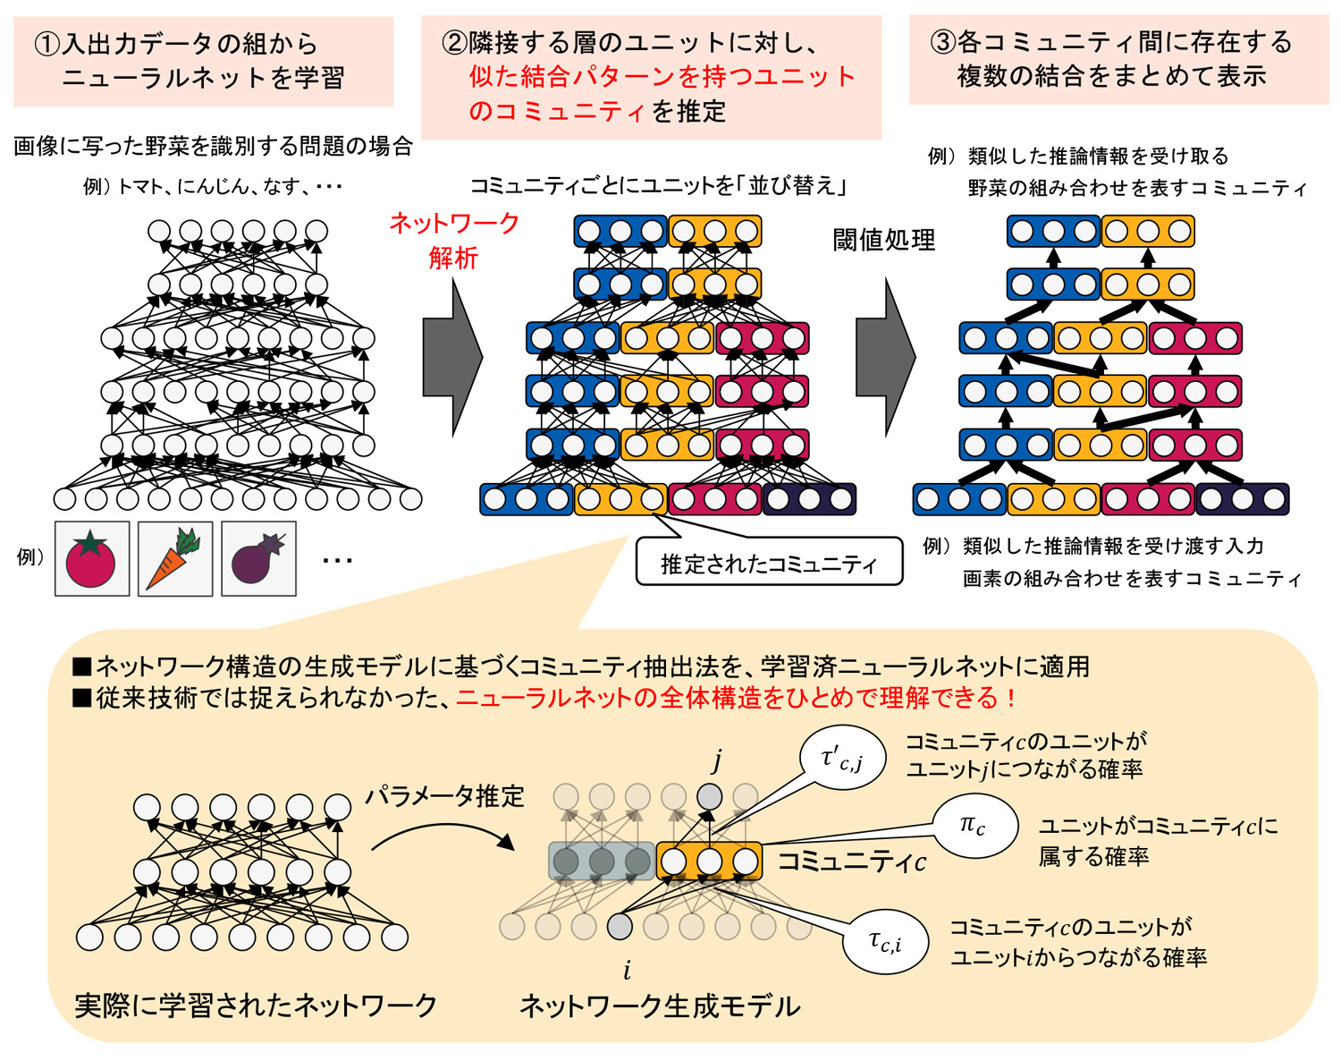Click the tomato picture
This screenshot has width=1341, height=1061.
point(92,559)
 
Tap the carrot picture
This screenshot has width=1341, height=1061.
point(174,559)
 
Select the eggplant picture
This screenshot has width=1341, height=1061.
point(258,559)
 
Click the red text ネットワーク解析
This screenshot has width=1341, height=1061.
point(453,241)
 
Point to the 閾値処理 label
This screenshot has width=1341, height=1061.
point(883,240)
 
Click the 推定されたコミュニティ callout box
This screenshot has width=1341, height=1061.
point(769,563)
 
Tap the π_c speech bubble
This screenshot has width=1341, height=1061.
point(974,825)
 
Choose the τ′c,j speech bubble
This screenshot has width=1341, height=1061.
point(841,759)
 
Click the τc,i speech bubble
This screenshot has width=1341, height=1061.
point(885,942)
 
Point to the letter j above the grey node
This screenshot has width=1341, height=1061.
point(716,760)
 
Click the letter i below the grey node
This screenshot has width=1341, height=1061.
point(627,970)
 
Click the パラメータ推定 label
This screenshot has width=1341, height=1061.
point(443,795)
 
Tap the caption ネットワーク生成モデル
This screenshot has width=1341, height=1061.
point(660,1006)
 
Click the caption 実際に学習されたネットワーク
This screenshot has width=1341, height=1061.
point(256,1006)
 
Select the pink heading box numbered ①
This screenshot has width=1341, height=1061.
point(203,61)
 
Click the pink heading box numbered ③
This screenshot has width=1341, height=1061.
point(1118,59)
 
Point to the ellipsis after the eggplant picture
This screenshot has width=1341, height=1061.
point(337,561)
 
